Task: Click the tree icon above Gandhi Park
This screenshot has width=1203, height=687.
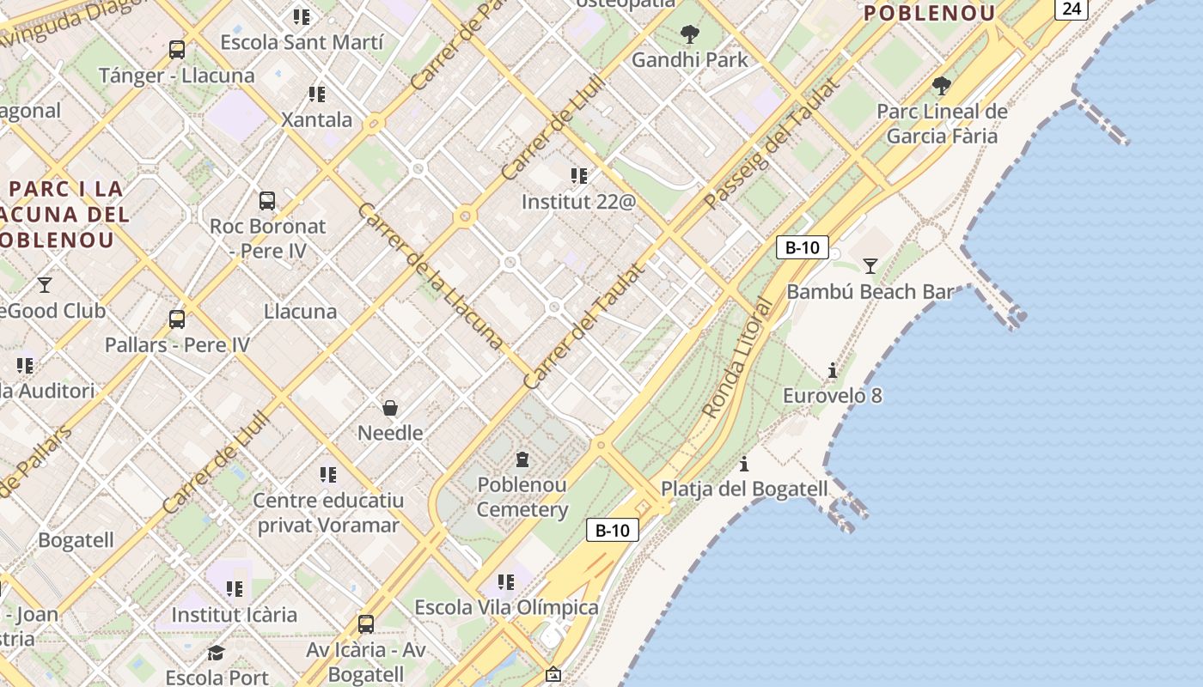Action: click(x=689, y=34)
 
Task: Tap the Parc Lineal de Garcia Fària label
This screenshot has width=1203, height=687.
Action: click(x=942, y=124)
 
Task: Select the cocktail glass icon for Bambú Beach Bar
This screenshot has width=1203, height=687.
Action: click(x=870, y=266)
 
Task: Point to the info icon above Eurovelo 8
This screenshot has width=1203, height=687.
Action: click(x=832, y=371)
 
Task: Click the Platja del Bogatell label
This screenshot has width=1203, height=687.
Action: click(x=744, y=489)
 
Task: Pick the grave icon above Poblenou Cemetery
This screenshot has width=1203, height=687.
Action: click(x=522, y=459)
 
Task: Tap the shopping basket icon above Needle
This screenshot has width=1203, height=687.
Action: click(x=390, y=407)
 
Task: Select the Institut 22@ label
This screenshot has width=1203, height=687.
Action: click(x=578, y=202)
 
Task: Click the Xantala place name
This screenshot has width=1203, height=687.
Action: click(x=317, y=119)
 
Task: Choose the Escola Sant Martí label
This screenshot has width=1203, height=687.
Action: click(x=302, y=42)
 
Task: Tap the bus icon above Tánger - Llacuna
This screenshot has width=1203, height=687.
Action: click(x=177, y=50)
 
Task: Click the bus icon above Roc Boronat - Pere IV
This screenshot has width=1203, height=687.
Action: click(x=267, y=201)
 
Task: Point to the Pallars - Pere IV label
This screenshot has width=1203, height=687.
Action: click(x=177, y=344)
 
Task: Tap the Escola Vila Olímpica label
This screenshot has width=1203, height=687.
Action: click(x=506, y=607)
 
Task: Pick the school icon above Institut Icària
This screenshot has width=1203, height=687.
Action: click(x=235, y=589)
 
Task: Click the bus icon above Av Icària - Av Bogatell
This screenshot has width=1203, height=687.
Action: click(x=366, y=624)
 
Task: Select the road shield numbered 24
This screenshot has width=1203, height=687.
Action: click(x=1072, y=9)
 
